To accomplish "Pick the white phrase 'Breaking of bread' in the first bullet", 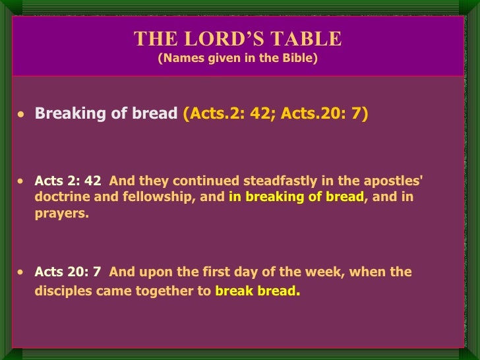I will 106,113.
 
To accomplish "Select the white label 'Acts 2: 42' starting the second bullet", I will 68,181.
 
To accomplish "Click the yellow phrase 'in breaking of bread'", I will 296,196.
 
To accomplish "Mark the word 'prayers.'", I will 61,213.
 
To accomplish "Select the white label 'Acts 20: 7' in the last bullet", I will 68,272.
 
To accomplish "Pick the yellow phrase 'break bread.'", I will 257,290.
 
